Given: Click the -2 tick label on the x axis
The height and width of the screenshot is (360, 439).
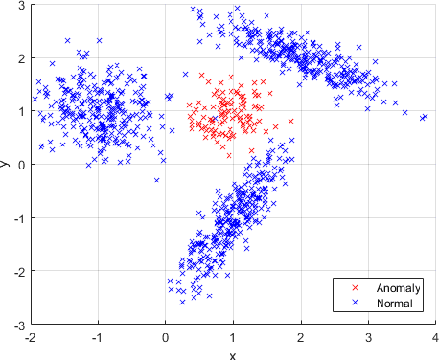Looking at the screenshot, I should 30,337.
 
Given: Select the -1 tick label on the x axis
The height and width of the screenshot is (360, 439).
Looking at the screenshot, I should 97,337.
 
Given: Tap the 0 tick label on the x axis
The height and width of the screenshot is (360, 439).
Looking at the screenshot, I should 165,337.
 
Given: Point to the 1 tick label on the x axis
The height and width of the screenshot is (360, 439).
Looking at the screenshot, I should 233,337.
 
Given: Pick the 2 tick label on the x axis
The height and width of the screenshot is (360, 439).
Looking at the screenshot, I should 301,337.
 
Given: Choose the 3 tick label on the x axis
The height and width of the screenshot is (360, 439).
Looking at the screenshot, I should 369,337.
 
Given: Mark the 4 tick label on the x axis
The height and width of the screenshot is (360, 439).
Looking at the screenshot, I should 436,337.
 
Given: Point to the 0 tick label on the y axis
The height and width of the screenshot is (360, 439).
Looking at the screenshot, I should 22,165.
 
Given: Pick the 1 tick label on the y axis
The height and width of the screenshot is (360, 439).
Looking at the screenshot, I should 22,111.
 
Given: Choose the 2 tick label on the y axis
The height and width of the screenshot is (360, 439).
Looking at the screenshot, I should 22,57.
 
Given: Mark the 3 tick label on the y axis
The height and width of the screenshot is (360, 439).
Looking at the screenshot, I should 22,5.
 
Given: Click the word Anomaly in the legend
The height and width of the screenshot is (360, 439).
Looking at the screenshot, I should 397,288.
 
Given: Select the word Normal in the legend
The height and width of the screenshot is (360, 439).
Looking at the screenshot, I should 394,303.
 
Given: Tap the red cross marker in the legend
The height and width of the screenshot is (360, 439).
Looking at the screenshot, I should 356,288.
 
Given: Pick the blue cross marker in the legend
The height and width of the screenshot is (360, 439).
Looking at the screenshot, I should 356,303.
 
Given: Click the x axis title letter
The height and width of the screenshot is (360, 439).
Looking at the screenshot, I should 233,353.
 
